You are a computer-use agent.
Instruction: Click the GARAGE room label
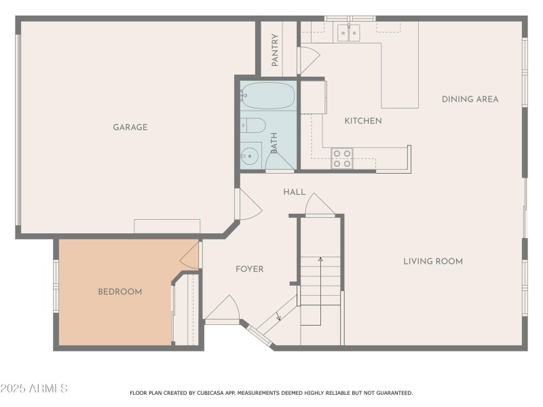(130, 127)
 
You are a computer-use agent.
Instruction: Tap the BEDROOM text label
(120, 292)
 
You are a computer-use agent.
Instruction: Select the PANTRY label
(275, 50)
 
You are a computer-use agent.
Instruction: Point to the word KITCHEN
(363, 121)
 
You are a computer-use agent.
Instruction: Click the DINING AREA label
(470, 99)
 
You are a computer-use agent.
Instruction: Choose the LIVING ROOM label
(433, 261)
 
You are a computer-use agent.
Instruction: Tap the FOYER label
(249, 269)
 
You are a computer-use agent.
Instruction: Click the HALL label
(294, 192)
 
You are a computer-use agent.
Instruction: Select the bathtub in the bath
(267, 96)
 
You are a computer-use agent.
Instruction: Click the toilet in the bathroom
(252, 125)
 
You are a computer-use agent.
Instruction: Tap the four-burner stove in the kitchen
(342, 158)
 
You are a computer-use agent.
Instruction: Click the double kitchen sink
(349, 32)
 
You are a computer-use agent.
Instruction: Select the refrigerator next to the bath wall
(313, 96)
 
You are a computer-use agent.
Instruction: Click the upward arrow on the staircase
(320, 259)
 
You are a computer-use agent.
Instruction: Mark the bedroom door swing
(189, 255)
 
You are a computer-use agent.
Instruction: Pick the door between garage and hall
(246, 203)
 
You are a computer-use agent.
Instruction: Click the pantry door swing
(309, 60)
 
